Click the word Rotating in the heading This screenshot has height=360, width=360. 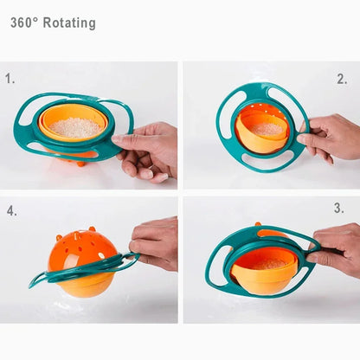(69, 23)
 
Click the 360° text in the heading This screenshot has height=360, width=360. (24, 23)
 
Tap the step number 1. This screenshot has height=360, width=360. (10, 79)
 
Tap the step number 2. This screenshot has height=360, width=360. (342, 79)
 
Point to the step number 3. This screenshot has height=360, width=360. (339, 209)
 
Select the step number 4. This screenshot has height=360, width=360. (11, 210)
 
